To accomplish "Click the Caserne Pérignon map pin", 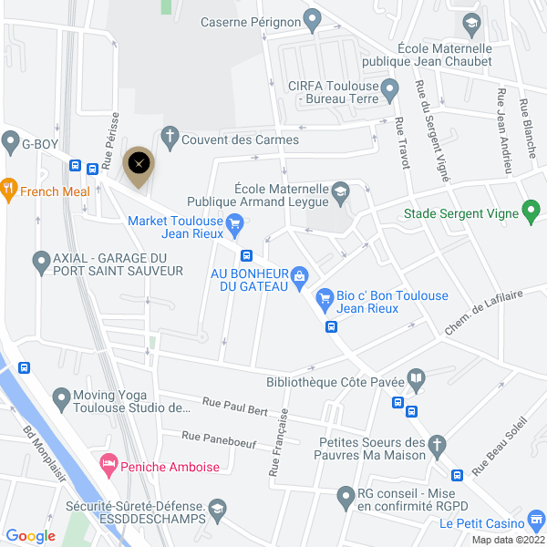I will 312,17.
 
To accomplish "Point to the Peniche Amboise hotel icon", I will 108,465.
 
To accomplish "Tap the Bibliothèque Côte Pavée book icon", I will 416,377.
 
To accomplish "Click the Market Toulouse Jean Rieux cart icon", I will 234,222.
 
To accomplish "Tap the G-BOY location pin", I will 11,142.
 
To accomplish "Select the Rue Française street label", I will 278,442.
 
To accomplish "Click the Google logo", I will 31,536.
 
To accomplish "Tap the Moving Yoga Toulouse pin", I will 62,397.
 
